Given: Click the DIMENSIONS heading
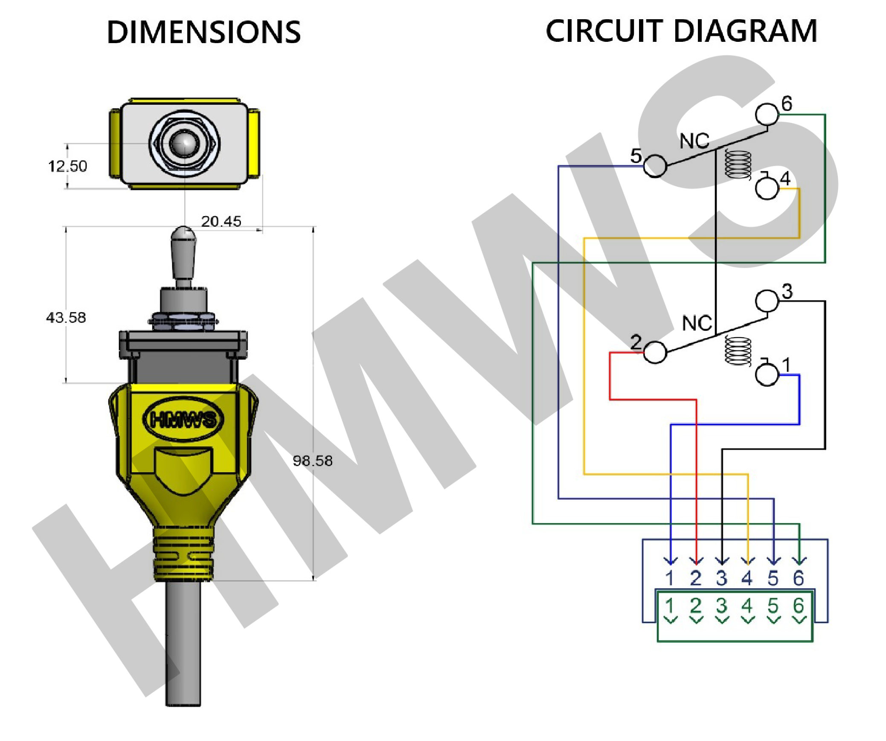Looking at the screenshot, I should (203, 32).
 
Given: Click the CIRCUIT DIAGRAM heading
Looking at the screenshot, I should (681, 31).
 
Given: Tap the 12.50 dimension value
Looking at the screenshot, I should (67, 166).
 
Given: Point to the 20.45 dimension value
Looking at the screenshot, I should (221, 221).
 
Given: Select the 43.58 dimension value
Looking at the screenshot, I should (66, 318).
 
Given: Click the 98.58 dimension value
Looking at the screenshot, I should (312, 461).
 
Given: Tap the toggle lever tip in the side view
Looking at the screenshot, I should (183, 234).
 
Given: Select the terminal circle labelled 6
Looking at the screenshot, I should (767, 114).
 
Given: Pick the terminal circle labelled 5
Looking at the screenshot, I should (654, 166).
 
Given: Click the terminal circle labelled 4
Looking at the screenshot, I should (767, 188).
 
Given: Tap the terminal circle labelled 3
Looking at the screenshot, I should (767, 301).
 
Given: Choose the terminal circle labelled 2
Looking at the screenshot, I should (654, 353).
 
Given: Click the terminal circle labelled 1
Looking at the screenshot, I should (767, 375).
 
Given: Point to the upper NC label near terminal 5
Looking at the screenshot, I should (694, 141).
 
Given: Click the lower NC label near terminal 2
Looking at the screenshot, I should (697, 324).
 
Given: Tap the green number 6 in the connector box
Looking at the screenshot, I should (799, 606).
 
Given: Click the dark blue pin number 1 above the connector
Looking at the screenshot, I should (670, 578).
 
